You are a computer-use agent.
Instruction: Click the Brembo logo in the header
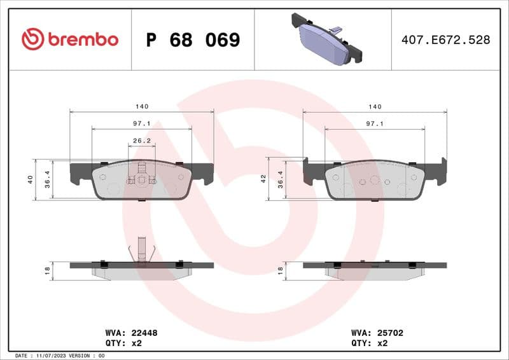[x=70, y=39]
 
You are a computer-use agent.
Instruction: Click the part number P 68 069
[x=193, y=40]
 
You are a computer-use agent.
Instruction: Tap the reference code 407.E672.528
[x=445, y=40]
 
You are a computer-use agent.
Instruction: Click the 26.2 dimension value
[x=141, y=141]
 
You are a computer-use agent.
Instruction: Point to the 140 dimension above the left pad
[x=141, y=106]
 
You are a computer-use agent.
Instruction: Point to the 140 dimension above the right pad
[x=375, y=106]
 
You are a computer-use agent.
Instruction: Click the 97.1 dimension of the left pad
[x=141, y=124]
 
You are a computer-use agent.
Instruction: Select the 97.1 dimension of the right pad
[x=375, y=124]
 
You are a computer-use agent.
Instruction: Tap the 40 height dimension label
[x=31, y=180]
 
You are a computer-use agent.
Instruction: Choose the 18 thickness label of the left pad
[x=47, y=270]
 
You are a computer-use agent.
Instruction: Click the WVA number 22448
[x=144, y=333]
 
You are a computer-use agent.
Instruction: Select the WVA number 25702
[x=390, y=333]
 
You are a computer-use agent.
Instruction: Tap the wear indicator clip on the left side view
[x=141, y=249]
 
